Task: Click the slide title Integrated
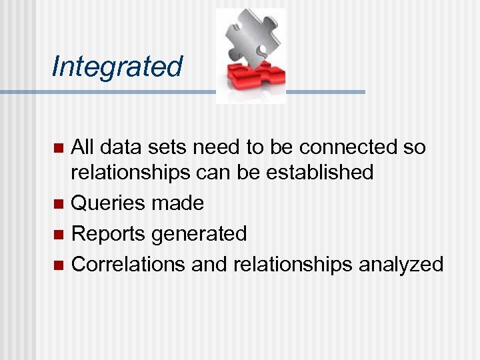point(117,67)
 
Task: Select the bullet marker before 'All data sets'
point(58,147)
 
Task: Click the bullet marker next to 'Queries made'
point(58,203)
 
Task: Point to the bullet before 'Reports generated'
point(58,234)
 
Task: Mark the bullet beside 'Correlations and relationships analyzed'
point(58,265)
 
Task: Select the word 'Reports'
point(109,234)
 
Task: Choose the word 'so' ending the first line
point(413,147)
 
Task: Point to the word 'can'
point(213,173)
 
